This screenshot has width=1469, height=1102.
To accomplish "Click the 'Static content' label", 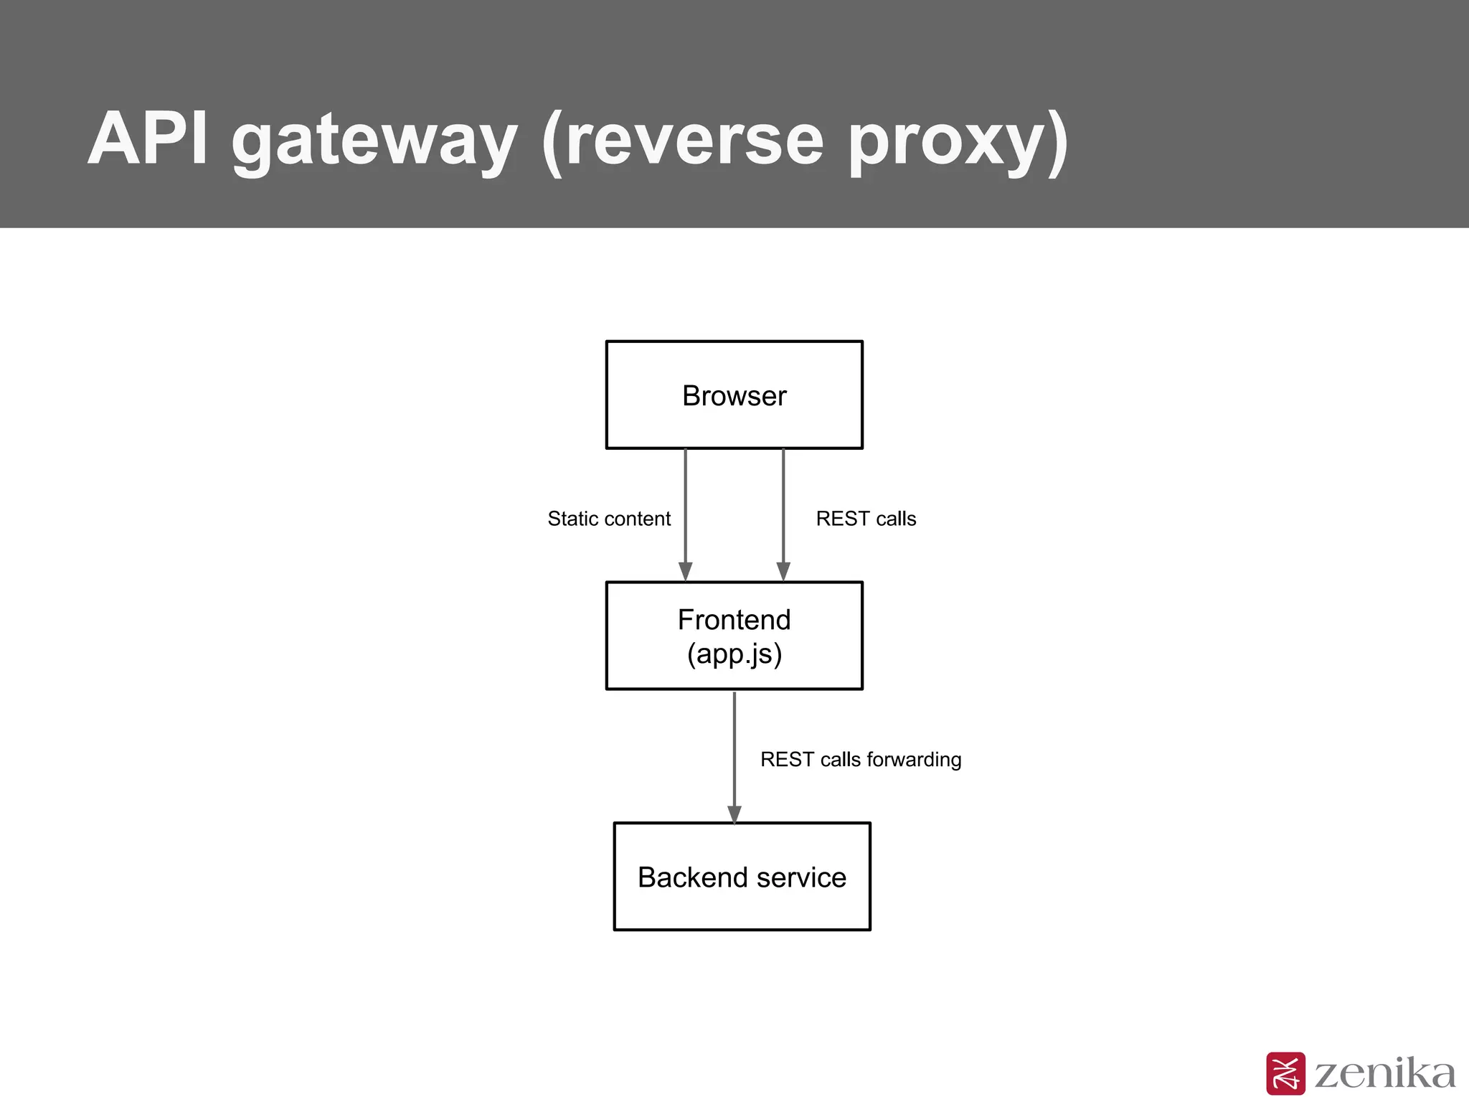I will (609, 519).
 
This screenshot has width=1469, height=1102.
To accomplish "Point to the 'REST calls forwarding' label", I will (861, 759).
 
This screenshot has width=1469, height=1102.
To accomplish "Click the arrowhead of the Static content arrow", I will (686, 571).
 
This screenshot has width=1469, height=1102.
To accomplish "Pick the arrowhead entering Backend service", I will (734, 814).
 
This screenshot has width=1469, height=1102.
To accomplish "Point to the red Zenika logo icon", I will (1285, 1073).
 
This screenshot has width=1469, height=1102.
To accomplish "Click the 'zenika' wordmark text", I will (1385, 1074).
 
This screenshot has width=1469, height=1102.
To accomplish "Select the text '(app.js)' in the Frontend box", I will (734, 654).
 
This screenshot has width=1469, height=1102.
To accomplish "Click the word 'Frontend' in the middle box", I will (734, 620).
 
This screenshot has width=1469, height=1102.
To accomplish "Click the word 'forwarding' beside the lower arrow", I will (914, 760).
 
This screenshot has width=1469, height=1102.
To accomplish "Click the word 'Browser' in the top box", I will (734, 396).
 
